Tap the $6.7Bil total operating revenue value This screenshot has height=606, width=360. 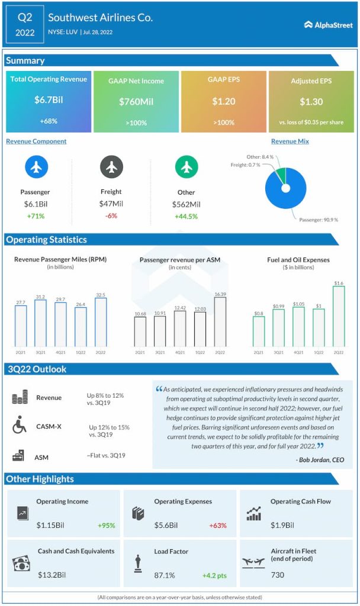(x=49, y=100)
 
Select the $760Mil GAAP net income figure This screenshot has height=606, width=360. (x=136, y=102)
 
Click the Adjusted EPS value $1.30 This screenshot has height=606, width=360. (x=311, y=102)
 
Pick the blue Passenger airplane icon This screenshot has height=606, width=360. (x=36, y=167)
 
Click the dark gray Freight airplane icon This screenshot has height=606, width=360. (x=111, y=167)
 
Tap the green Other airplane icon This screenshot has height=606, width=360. (x=186, y=167)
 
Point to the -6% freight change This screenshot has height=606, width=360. (x=111, y=216)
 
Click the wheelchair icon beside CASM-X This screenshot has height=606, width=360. (x=20, y=425)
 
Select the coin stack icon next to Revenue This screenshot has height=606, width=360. (x=20, y=398)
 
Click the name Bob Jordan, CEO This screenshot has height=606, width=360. (x=320, y=460)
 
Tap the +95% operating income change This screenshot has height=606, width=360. (x=106, y=525)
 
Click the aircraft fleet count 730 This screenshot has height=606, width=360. (x=278, y=575)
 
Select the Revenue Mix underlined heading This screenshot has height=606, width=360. (x=290, y=141)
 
